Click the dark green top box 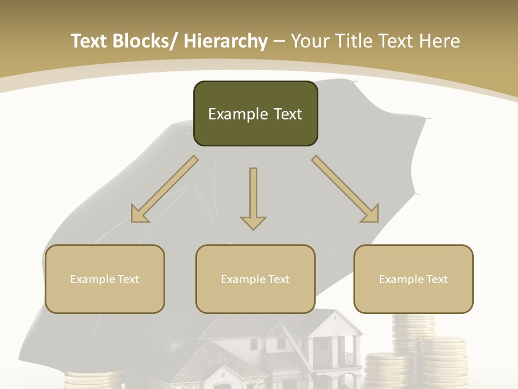point(255,113)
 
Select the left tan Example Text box point(105,279)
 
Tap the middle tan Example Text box point(255,279)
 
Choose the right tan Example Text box point(413,279)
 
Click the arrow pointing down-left point(165,189)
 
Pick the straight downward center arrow point(253,198)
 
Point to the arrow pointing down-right point(345,189)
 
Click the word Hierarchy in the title point(226,41)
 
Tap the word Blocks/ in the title point(145,41)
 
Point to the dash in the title point(279,42)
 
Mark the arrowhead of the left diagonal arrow point(139,214)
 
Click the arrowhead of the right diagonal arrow point(371,214)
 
